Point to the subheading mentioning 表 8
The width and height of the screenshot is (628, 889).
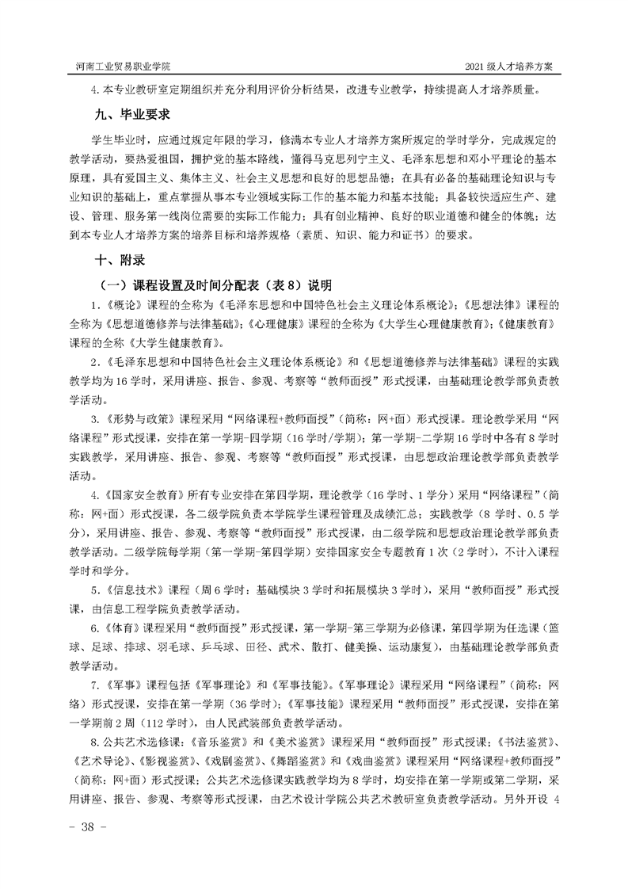click(x=214, y=284)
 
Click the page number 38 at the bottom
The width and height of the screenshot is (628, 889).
click(x=82, y=826)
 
